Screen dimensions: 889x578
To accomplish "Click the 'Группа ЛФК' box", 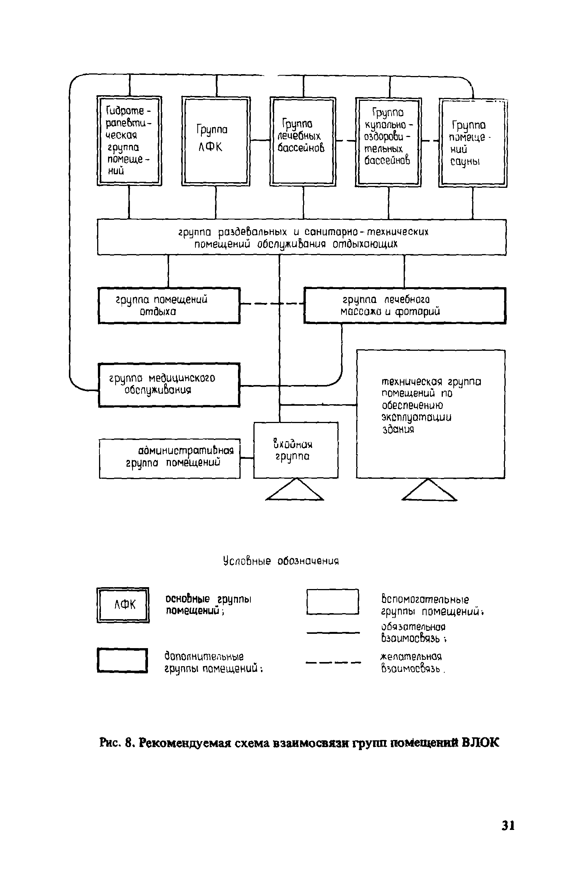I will click(216, 141).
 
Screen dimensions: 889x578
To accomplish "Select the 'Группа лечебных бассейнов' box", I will click(303, 142).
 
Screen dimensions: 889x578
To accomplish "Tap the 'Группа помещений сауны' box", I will click(473, 143).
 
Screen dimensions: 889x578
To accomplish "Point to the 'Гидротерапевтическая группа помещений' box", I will click(129, 141).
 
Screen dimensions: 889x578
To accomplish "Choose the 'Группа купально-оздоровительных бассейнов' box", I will click(388, 142).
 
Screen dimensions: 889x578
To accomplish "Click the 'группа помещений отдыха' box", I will click(169, 305).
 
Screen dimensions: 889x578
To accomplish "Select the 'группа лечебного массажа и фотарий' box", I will click(404, 305).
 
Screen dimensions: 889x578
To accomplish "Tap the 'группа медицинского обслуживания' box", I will click(169, 385).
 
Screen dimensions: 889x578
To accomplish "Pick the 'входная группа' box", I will click(296, 450).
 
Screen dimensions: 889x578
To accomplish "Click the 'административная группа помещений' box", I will click(169, 458).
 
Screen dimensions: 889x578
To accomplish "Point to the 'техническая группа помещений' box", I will click(430, 414).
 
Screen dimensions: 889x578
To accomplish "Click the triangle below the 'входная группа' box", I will click(294, 491).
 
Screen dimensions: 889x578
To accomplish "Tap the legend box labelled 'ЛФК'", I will click(123, 605).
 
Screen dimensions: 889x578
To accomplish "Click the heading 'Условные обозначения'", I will click(281, 561).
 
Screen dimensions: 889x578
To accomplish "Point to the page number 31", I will click(508, 825).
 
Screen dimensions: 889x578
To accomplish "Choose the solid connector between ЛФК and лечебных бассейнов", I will click(260, 140).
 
